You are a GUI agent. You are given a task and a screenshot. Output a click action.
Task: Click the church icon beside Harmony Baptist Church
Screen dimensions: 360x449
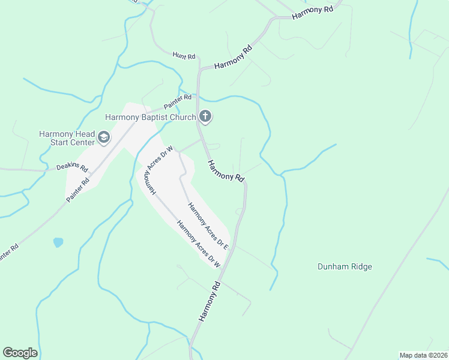[x=205, y=117]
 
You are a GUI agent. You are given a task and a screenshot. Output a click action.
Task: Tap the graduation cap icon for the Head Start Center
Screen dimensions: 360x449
[x=104, y=138]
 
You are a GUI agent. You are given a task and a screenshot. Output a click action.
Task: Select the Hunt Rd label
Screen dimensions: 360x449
[x=184, y=56]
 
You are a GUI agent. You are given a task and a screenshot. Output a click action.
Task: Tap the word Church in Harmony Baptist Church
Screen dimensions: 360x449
[x=184, y=117]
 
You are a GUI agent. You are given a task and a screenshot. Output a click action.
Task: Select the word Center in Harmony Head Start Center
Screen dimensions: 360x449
[x=82, y=142]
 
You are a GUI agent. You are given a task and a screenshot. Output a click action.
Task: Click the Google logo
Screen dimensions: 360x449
[x=20, y=353]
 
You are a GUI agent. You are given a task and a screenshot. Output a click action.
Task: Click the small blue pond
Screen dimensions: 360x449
[x=58, y=242]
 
